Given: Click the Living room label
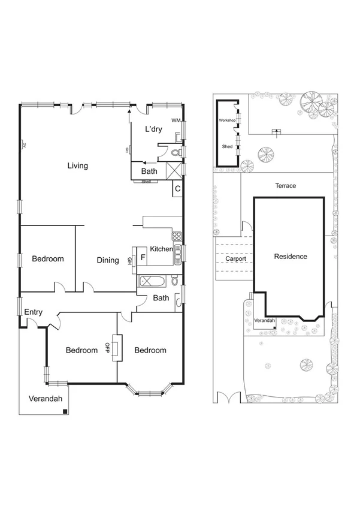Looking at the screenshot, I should pos(78,165).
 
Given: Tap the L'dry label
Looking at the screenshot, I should pos(154,129).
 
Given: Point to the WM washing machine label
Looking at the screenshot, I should pos(176,121).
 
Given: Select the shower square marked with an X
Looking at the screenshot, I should pos(174,171).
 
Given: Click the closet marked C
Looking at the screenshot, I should pos(177,189).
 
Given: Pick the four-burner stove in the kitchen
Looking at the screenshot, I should pos(176,236).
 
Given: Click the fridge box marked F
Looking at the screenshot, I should pos(142,258).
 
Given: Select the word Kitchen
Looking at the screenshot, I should pos(161,249).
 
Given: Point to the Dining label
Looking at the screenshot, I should pos(108,260).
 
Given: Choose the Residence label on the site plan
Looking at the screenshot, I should pos(291,257).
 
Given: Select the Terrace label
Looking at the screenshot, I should pos(285,186).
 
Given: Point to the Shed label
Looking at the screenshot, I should pos(227,146).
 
